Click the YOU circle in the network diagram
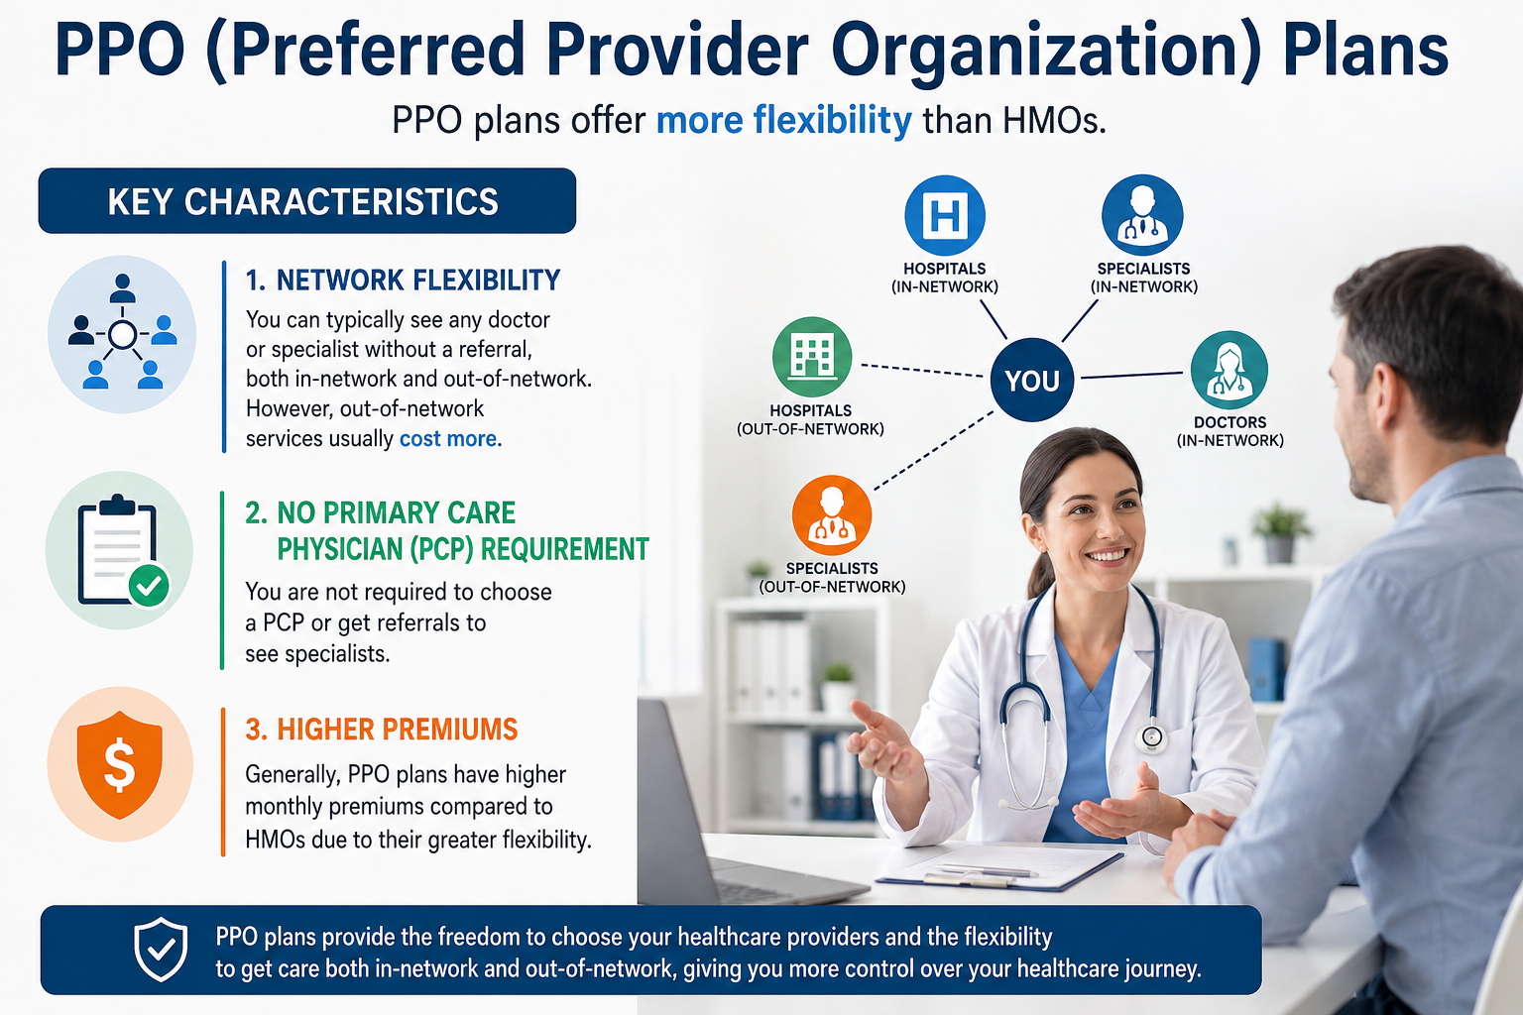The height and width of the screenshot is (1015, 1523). click(1031, 380)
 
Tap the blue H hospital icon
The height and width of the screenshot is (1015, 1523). click(944, 215)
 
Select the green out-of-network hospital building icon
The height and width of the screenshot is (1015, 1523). click(812, 357)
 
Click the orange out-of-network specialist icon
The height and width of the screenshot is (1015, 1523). click(832, 514)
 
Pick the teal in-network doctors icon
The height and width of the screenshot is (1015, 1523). click(1230, 370)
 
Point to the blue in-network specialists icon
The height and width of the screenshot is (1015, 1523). click(1142, 215)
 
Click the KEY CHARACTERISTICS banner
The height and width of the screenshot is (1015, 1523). click(307, 201)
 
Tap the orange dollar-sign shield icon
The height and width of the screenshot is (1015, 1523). click(120, 764)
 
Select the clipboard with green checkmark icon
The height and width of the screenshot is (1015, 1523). click(122, 550)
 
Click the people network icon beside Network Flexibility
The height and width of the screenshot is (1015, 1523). click(122, 333)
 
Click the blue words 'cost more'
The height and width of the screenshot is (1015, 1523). click(450, 439)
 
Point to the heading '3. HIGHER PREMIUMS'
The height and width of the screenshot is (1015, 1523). click(382, 730)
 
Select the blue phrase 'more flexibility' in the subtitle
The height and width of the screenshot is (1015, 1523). click(784, 120)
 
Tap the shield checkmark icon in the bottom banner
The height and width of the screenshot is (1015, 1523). click(161, 949)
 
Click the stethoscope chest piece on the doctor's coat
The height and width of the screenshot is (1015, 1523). click(1151, 737)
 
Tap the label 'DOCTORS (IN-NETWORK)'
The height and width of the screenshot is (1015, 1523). click(1230, 431)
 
